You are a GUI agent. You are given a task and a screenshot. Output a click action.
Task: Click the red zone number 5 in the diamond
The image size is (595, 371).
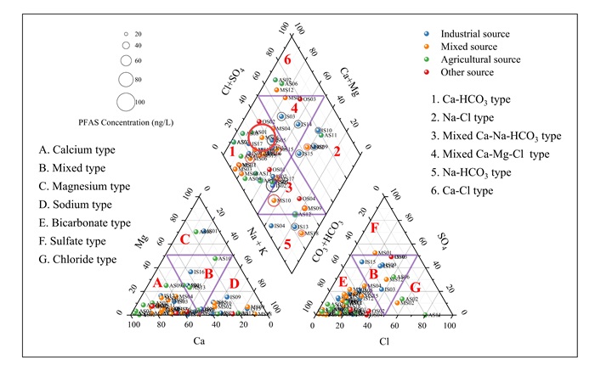288,245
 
